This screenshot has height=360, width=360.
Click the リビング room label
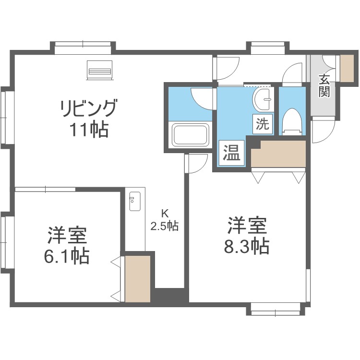coord(89,108)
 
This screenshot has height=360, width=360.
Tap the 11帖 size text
coord(89,130)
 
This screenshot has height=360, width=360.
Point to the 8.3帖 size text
coord(247,246)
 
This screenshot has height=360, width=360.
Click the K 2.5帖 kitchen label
coord(164,220)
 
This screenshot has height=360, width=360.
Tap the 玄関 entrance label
coord(324,85)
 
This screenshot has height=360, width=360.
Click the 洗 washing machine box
coord(263,124)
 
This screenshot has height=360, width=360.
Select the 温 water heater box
coord(231,153)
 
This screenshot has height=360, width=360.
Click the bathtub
coord(191,135)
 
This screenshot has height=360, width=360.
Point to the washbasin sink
coord(263,99)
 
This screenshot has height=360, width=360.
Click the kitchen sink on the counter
coord(135,201)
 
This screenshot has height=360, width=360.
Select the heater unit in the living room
coord(100,70)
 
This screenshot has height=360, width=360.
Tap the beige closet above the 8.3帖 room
coord(278,154)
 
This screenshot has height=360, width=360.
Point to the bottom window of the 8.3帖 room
coord(276,309)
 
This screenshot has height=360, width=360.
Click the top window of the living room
coord(83,48)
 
